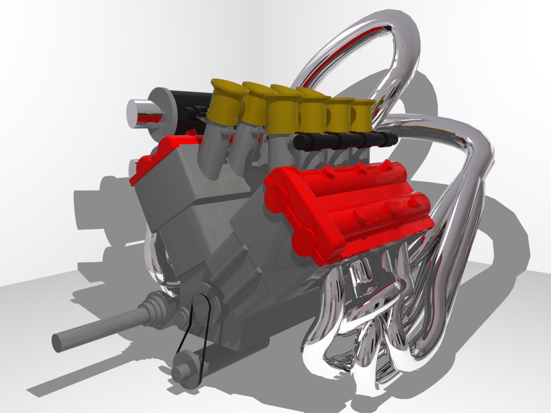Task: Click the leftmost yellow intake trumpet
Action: click(x=225, y=99)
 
